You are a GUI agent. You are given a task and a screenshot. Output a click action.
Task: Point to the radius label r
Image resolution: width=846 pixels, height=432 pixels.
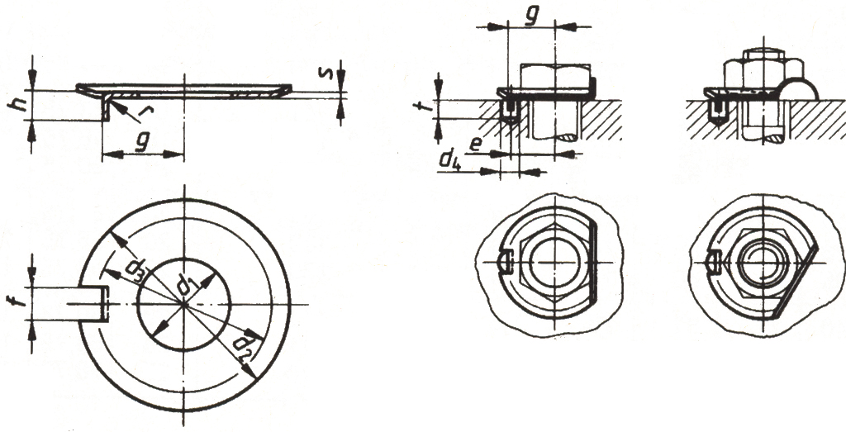click(x=144, y=112)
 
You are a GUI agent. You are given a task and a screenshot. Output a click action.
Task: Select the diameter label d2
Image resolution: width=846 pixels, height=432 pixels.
click(x=242, y=345)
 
